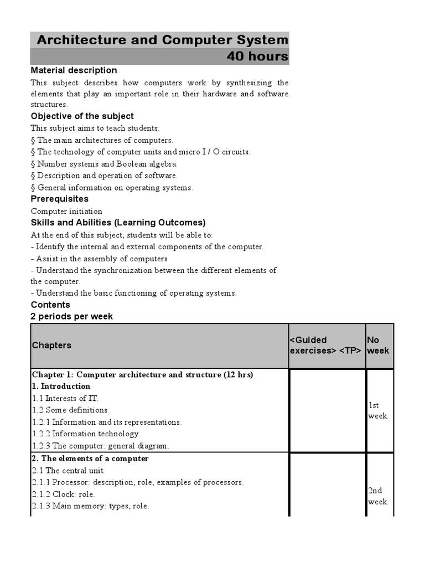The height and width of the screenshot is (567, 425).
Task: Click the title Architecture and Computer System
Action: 162,40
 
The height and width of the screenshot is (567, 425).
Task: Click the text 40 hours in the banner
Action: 257,56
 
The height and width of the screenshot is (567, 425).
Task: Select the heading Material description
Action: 74,70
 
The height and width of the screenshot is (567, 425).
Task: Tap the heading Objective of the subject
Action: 82,116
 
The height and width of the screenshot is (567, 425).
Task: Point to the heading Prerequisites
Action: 59,199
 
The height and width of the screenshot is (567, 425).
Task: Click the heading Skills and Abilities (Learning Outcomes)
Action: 118,223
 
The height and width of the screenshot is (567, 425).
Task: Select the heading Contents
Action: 50,305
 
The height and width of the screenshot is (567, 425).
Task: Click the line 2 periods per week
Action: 71,316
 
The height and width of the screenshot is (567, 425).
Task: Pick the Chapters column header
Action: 51,346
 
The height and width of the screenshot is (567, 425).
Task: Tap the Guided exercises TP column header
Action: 326,346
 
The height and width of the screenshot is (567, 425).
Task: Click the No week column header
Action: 378,346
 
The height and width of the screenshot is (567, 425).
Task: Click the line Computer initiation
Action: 66,211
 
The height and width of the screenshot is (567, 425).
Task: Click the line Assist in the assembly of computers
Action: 99,259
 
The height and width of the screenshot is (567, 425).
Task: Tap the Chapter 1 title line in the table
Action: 142,375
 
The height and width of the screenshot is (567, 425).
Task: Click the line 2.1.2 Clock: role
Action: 63,494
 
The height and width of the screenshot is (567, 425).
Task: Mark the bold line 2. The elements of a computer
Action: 90,458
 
